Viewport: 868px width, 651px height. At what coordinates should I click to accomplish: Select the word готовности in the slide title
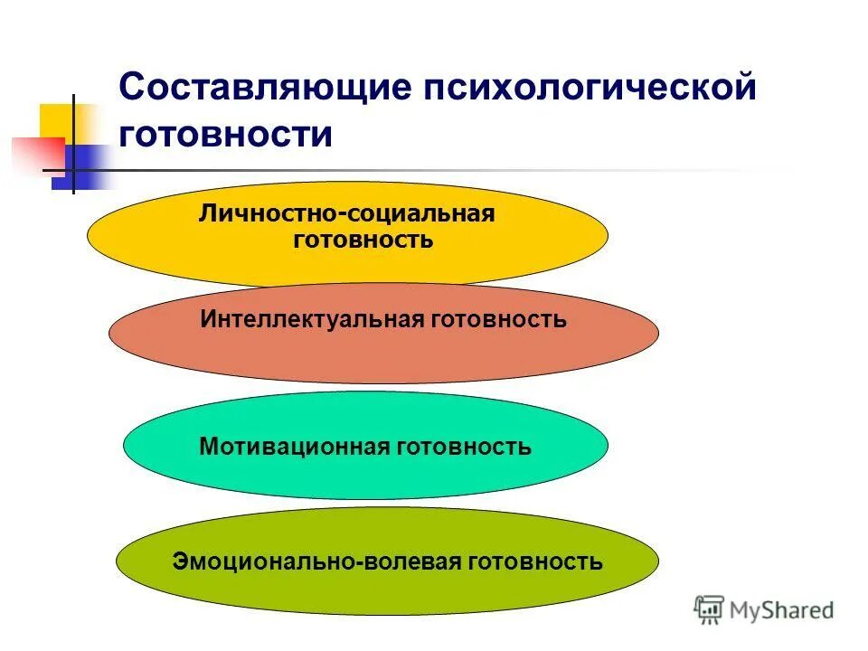click(x=226, y=134)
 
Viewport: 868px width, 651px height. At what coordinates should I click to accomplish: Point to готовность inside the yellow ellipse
click(x=363, y=241)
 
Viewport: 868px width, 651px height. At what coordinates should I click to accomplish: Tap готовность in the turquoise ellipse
click(x=464, y=446)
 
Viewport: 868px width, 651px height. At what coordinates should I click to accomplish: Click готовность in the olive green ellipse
click(x=535, y=561)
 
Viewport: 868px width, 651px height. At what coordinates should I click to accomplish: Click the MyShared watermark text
click(x=782, y=610)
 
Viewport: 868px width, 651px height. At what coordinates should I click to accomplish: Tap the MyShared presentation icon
click(x=710, y=610)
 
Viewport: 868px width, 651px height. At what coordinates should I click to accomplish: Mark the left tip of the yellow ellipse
click(x=89, y=234)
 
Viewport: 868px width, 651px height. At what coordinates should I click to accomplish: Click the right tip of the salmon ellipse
click(x=658, y=334)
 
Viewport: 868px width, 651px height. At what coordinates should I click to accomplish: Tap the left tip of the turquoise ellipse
click(x=125, y=445)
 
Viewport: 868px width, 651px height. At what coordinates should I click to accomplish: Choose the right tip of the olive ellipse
click(x=658, y=561)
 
